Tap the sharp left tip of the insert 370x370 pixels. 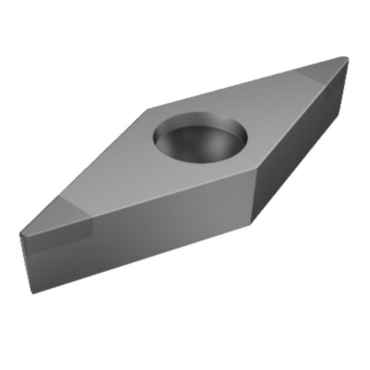click(21, 235)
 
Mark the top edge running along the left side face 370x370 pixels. click(135, 206)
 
